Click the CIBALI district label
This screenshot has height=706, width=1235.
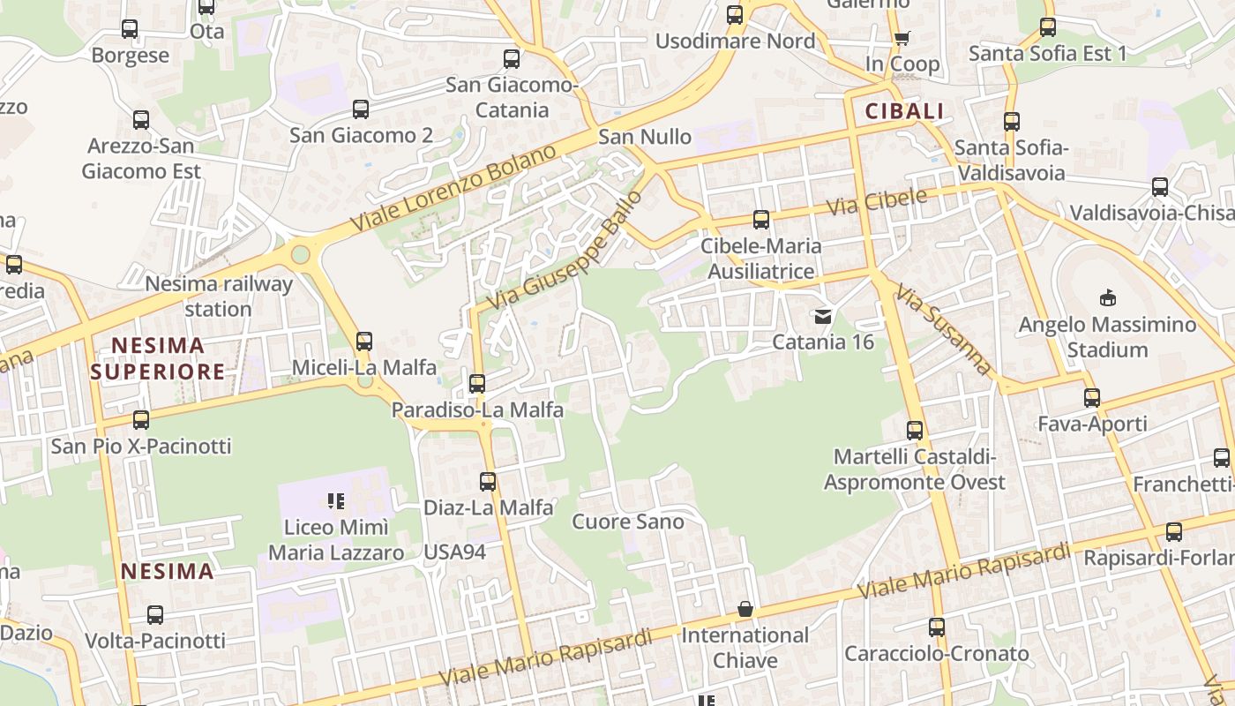click(x=904, y=111)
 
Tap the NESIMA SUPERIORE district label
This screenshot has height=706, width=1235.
click(x=158, y=358)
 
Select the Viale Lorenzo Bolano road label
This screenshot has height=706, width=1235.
click(x=453, y=189)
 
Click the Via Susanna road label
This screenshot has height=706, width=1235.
click(x=943, y=329)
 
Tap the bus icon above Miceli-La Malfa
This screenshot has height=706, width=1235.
click(x=363, y=341)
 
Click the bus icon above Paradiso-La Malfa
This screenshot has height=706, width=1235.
click(x=477, y=383)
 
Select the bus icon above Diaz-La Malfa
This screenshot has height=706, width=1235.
click(x=488, y=482)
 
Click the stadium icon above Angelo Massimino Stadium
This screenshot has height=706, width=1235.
click(x=1107, y=298)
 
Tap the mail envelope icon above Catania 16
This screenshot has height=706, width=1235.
click(x=823, y=316)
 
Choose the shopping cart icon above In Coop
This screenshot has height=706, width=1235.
click(x=902, y=38)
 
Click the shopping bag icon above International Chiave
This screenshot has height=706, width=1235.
click(x=745, y=610)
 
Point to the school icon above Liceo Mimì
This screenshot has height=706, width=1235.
click(x=335, y=501)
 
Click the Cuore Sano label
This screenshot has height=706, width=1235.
click(x=628, y=522)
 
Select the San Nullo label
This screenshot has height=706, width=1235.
click(x=645, y=137)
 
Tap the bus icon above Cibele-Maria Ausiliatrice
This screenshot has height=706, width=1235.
click(x=760, y=220)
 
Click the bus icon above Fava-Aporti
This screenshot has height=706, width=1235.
click(x=1092, y=398)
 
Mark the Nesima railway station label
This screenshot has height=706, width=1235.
click(x=218, y=297)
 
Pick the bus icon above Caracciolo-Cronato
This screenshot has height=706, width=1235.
click(x=937, y=627)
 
